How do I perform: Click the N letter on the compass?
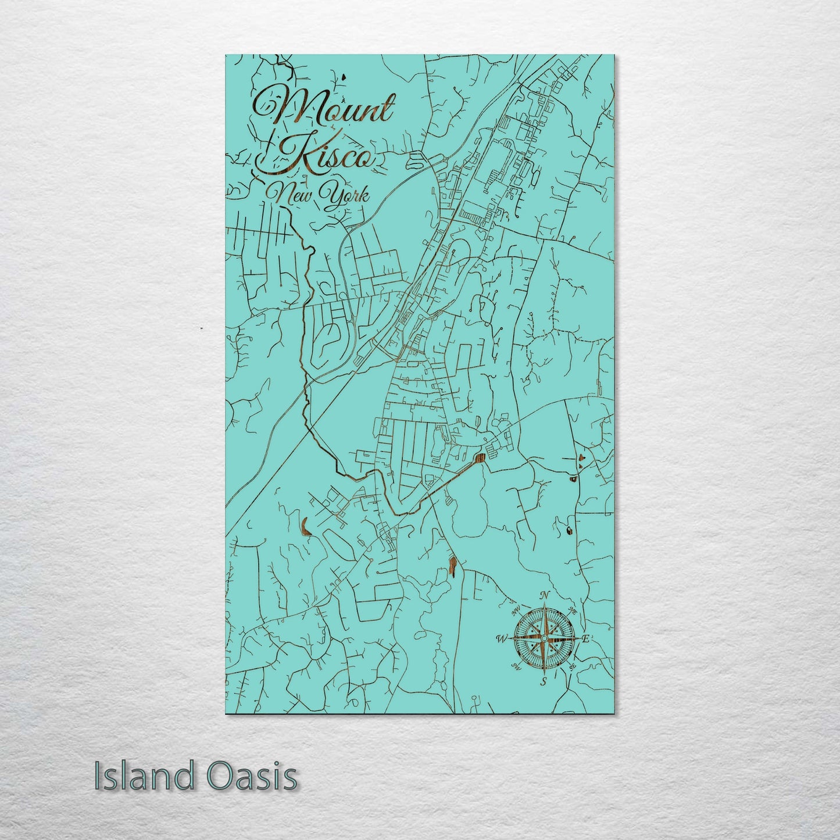(545, 595)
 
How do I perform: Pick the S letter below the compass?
(544, 681)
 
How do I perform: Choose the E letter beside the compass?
(586, 639)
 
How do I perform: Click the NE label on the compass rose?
(571, 611)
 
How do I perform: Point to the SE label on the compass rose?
(572, 666)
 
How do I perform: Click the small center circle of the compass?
(544, 638)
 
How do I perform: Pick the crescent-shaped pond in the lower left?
(305, 524)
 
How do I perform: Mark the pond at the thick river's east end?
(480, 458)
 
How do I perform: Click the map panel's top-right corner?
(613, 56)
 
